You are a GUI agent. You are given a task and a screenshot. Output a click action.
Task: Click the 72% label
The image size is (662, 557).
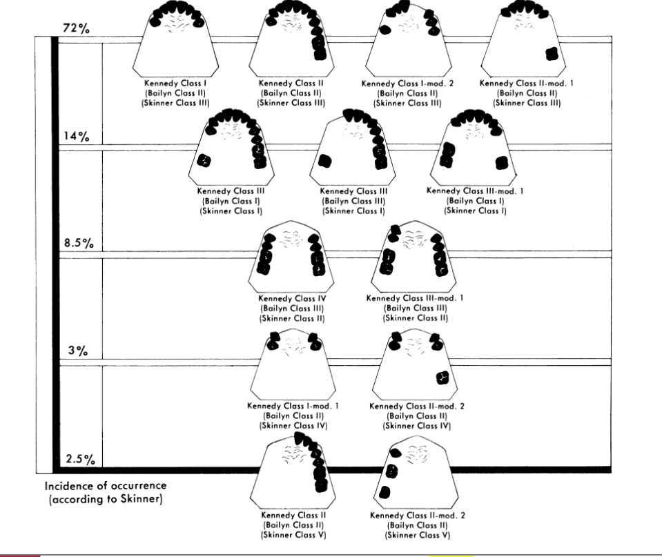(x=77, y=28)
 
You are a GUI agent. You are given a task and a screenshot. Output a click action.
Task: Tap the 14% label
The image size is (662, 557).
(x=77, y=136)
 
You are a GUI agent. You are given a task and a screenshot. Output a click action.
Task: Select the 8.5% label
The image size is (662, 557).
(x=79, y=243)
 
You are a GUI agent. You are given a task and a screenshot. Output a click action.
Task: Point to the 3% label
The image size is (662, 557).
(x=78, y=351)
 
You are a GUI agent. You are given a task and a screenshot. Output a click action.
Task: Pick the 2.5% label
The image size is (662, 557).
(x=80, y=458)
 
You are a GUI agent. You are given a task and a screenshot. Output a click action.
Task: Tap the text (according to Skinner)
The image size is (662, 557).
(x=106, y=499)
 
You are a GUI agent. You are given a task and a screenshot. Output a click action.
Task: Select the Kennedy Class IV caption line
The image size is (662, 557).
(x=292, y=299)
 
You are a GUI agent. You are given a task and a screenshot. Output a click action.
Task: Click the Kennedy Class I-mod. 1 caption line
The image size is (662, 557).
(x=293, y=406)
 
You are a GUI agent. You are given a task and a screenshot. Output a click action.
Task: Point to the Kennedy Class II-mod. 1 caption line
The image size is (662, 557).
(x=527, y=84)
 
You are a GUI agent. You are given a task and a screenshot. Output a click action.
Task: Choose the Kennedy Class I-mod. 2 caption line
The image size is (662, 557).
(x=407, y=84)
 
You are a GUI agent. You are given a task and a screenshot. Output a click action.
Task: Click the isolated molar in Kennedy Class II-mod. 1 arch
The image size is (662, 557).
(x=552, y=54)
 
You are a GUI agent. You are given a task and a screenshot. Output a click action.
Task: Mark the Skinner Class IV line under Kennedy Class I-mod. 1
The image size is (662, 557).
(x=293, y=426)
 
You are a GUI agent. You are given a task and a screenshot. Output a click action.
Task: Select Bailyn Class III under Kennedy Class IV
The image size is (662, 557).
(x=292, y=309)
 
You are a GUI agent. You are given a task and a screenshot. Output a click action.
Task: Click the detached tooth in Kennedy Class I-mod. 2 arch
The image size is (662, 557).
(x=384, y=30)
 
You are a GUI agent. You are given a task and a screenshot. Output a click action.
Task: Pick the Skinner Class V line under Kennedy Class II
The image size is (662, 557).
(x=293, y=535)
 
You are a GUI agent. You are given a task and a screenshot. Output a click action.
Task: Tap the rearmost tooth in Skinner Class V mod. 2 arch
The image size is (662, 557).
(x=384, y=492)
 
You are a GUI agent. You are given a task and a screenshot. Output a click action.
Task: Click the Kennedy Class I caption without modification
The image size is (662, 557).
(x=175, y=84)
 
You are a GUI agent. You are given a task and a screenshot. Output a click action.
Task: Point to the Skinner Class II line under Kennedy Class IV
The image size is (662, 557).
(x=292, y=318)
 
